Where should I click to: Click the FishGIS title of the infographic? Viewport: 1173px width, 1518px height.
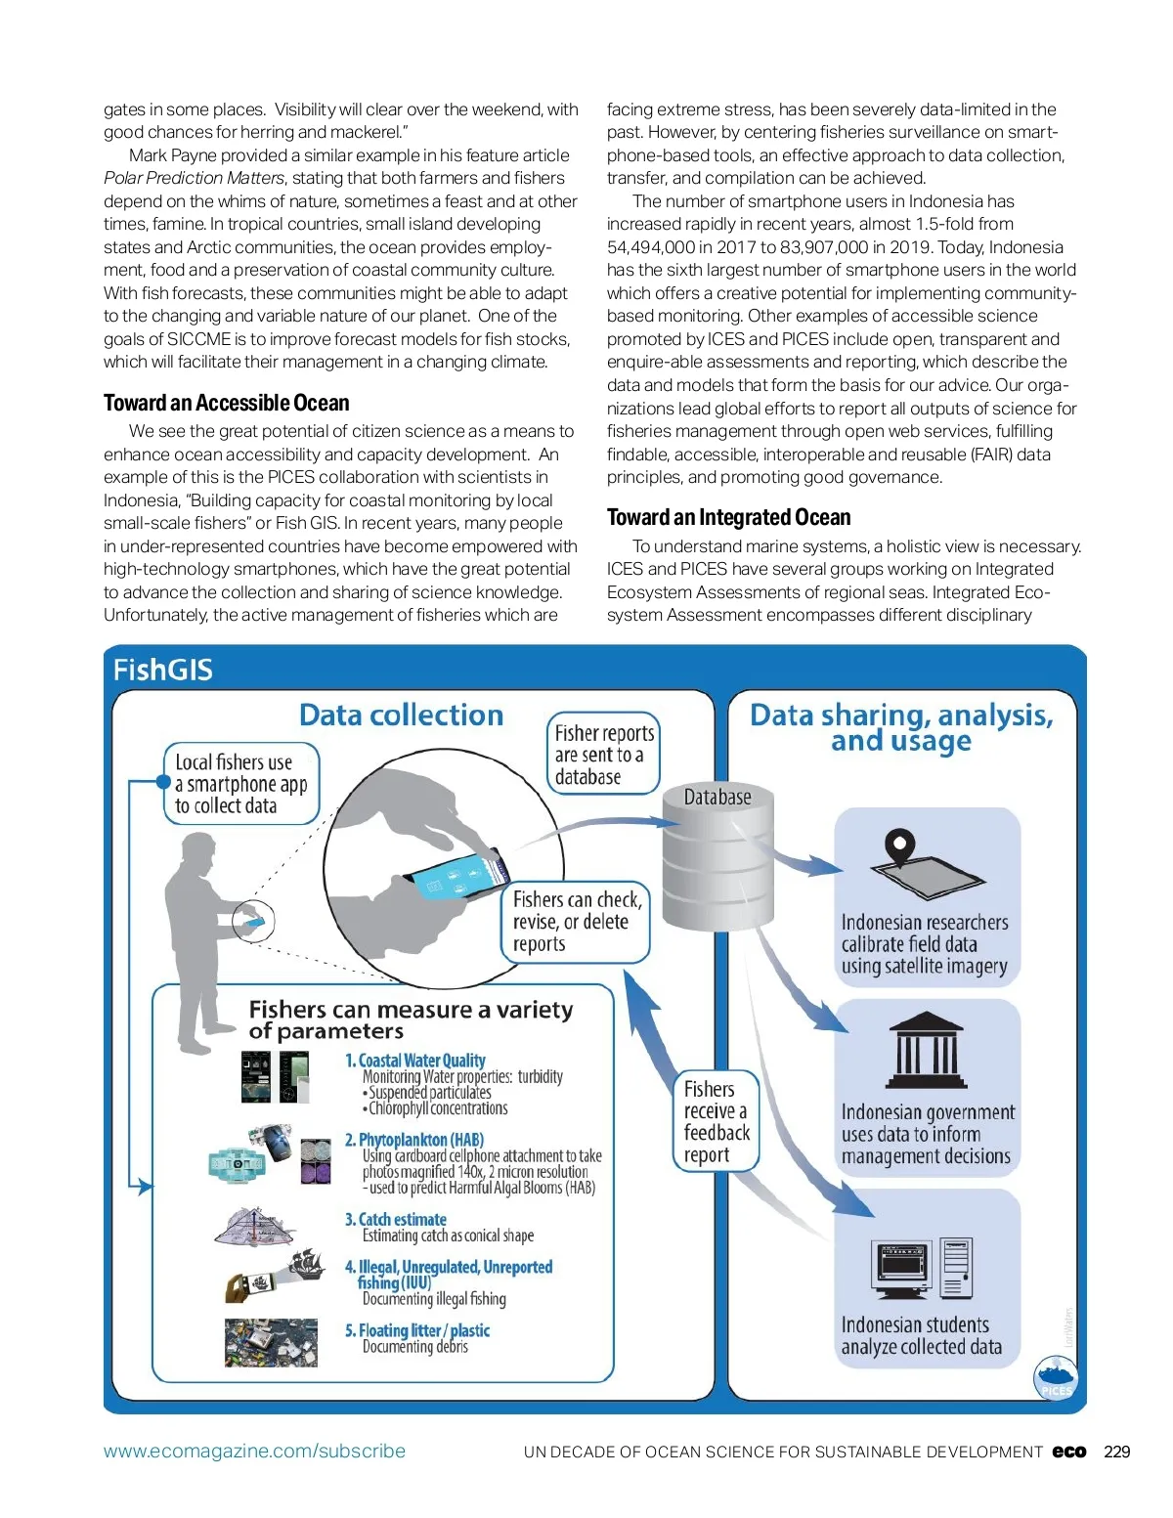(162, 670)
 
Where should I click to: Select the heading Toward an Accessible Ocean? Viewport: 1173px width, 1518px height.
(226, 403)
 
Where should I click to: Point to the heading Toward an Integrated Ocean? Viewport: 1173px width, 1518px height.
(728, 517)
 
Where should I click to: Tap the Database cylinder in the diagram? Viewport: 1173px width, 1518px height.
(717, 860)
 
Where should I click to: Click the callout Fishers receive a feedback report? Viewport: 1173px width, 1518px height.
(717, 1121)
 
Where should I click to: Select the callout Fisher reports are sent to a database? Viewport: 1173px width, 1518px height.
(603, 754)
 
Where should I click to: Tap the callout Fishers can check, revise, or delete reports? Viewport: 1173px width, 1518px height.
(577, 921)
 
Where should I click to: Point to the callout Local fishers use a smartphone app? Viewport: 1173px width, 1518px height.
(240, 784)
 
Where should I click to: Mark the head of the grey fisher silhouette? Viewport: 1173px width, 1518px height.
(199, 850)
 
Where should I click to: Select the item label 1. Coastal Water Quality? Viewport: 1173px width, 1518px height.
(414, 1061)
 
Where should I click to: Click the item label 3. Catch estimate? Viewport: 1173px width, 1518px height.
(395, 1219)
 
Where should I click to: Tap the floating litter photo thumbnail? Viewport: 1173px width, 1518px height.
(271, 1342)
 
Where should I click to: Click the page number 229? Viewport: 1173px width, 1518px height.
(1116, 1452)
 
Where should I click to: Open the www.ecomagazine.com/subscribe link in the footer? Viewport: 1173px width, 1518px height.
(254, 1452)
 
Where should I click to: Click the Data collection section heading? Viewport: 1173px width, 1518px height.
(401, 715)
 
